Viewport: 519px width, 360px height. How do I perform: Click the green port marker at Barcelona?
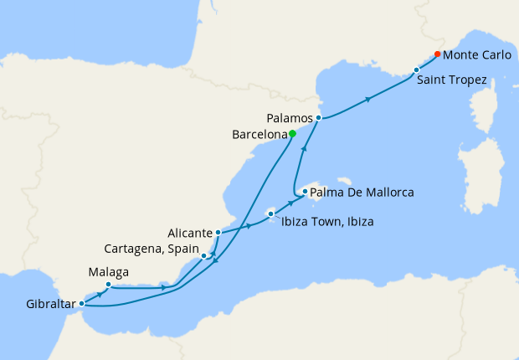pos(292,133)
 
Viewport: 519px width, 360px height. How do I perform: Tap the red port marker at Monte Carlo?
pos(437,55)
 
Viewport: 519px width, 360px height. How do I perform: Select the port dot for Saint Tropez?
pos(416,70)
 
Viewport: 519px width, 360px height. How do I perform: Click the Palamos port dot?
pos(319,118)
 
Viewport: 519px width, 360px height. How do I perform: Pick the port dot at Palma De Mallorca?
pos(305,192)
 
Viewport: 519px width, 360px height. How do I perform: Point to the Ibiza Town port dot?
pos(271,214)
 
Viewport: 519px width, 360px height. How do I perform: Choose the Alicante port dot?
pos(218,233)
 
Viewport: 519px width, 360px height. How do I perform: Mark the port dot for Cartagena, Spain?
pos(204,255)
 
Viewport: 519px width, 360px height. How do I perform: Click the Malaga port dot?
pos(109,285)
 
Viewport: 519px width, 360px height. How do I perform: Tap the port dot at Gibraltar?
pos(81,304)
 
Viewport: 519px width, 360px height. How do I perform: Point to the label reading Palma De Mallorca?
pos(362,193)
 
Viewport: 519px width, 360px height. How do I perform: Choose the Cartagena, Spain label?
pos(151,249)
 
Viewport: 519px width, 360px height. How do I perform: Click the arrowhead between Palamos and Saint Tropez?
pos(367,100)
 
